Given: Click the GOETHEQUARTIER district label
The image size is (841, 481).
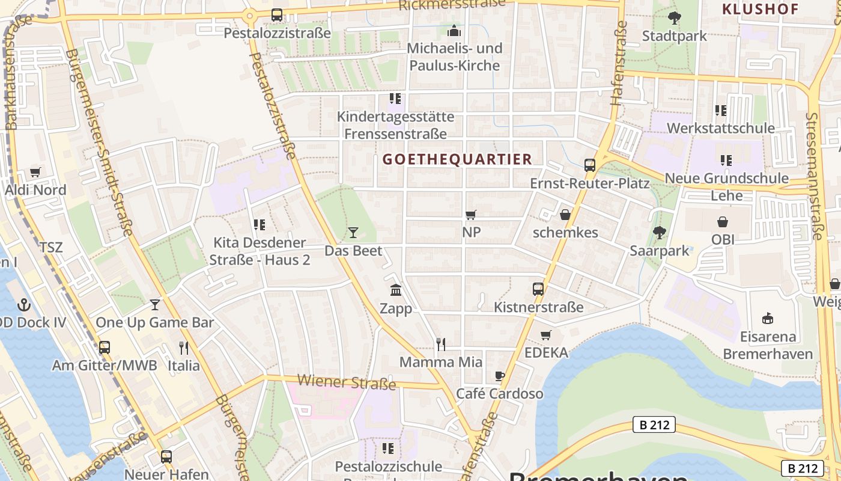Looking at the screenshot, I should pyautogui.click(x=457, y=159).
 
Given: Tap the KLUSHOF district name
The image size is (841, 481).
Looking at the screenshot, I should pyautogui.click(x=760, y=9).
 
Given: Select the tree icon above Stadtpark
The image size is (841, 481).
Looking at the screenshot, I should pyautogui.click(x=675, y=18).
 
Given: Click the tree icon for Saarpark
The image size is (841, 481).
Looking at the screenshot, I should pyautogui.click(x=659, y=233).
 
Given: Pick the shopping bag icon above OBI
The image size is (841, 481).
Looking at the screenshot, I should pyautogui.click(x=723, y=222).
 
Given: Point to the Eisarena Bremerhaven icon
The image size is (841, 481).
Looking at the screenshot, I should pyautogui.click(x=767, y=318).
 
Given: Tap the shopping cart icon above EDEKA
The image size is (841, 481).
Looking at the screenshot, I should pyautogui.click(x=545, y=335).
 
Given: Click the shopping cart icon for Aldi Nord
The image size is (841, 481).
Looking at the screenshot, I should pyautogui.click(x=35, y=173).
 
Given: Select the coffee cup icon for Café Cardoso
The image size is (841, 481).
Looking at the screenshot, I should pyautogui.click(x=499, y=376).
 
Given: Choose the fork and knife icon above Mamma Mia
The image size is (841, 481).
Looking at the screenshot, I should pyautogui.click(x=440, y=344).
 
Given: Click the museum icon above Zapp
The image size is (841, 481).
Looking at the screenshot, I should pyautogui.click(x=396, y=291).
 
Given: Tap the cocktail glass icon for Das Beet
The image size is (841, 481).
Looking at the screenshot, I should pyautogui.click(x=353, y=233).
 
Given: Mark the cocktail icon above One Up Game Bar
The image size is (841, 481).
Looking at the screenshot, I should pyautogui.click(x=155, y=305).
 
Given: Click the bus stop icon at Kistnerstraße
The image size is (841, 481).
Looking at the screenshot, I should pyautogui.click(x=538, y=289).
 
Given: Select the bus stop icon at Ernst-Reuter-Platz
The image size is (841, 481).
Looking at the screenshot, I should pyautogui.click(x=590, y=165).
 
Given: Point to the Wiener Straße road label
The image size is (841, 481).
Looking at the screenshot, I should pyautogui.click(x=347, y=382).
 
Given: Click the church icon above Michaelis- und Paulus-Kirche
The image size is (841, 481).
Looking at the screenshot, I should pyautogui.click(x=454, y=30).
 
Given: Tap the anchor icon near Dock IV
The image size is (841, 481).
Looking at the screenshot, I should pyautogui.click(x=24, y=304).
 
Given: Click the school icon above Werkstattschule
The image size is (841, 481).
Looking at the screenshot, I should pyautogui.click(x=720, y=111).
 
